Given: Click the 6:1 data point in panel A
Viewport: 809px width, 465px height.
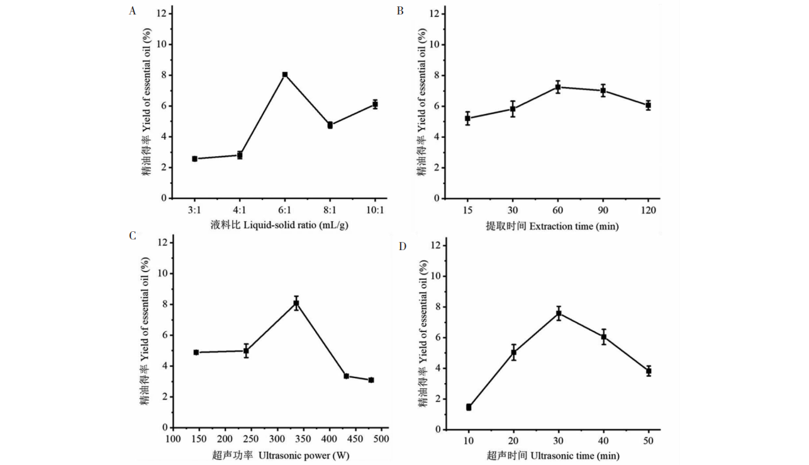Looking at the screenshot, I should point(285,74).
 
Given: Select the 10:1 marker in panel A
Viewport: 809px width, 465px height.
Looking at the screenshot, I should point(375,105).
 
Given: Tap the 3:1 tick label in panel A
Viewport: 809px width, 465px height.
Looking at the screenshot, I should point(195,210).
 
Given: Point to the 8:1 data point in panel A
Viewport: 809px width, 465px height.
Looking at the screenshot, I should point(330,125).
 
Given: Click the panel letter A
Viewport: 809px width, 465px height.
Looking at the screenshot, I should point(132,11).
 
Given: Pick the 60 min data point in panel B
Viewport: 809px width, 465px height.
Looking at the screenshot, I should point(557,87).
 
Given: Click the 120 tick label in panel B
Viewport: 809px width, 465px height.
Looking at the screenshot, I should point(648,210).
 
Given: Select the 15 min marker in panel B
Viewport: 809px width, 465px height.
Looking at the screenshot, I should point(467,118).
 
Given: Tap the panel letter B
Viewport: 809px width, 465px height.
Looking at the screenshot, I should point(400,11).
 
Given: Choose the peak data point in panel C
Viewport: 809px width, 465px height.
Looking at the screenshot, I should point(296,304).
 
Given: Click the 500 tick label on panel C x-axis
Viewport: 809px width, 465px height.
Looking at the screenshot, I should point(380,439).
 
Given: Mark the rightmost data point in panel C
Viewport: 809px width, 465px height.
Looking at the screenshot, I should point(371,380).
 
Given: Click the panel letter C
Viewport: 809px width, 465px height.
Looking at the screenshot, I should point(132,236).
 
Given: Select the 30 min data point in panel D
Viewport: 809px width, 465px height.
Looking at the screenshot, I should point(559,313).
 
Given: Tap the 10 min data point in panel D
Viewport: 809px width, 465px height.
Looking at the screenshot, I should point(469,407).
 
